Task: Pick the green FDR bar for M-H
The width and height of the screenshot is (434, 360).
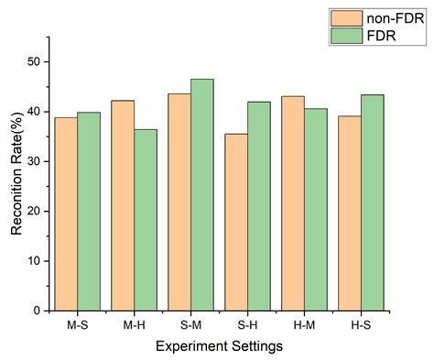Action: click(146, 220)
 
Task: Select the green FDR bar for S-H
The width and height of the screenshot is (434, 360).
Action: click(258, 206)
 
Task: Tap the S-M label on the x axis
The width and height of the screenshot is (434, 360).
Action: click(190, 324)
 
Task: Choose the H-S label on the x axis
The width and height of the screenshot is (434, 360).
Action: click(360, 324)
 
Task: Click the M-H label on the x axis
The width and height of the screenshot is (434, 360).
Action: click(134, 324)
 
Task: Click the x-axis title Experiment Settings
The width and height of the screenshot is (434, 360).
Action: click(218, 346)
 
